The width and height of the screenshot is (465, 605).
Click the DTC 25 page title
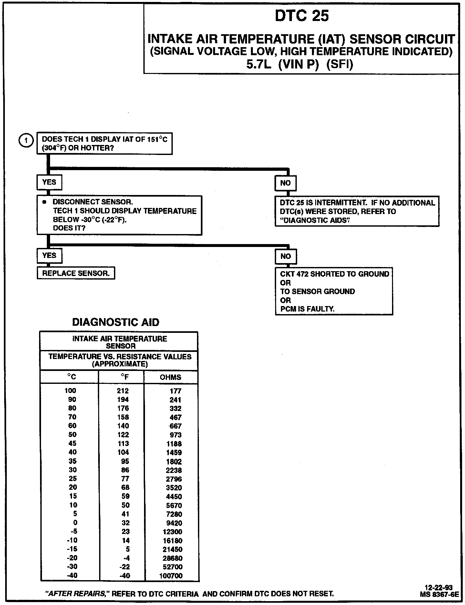point(302,16)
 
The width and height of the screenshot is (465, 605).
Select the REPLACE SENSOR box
point(76,273)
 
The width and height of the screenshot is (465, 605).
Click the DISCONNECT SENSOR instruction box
point(119,215)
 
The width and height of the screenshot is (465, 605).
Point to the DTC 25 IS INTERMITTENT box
point(357,211)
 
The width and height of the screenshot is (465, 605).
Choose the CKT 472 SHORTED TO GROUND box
point(334,291)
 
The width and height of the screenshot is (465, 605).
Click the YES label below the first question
point(49,182)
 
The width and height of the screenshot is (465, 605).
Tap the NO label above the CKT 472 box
point(285,256)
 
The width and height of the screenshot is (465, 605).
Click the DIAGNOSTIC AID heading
point(116,322)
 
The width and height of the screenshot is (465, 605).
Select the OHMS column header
point(170,377)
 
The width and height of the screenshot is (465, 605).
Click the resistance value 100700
point(171,576)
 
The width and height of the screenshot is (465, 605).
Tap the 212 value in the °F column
point(123,391)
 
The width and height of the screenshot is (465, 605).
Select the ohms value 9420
point(174,523)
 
